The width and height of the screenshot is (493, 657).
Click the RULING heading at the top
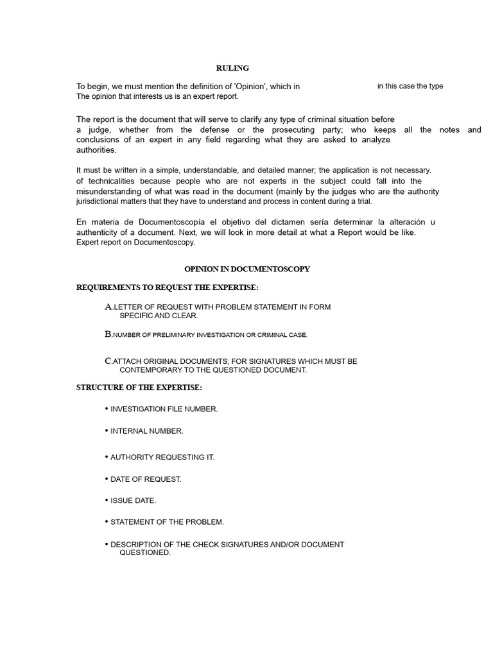point(232,68)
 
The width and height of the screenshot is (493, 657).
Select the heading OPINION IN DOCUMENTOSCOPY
point(247,269)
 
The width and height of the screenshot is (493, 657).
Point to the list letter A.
point(108,307)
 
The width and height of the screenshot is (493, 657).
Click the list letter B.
point(108,334)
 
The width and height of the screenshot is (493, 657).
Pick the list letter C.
point(108,361)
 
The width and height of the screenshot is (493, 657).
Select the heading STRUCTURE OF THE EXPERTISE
point(139,388)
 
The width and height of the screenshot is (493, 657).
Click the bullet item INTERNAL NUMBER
point(147,431)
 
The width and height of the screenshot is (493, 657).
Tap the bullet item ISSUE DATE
point(133,500)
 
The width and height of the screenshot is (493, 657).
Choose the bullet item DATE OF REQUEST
point(146,479)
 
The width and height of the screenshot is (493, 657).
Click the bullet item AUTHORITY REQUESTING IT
point(162,457)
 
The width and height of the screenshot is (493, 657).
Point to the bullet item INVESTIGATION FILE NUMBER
point(164,409)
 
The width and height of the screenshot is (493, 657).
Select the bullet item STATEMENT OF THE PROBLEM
point(167,522)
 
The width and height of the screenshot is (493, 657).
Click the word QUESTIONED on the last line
point(144,552)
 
